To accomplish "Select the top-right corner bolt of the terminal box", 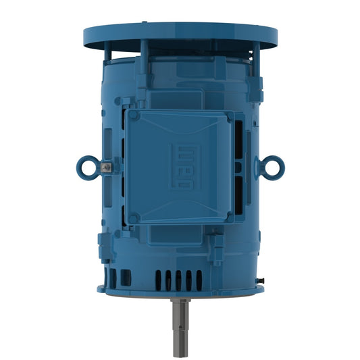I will pos(228,117).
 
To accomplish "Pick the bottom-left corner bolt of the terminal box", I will pos(134,217).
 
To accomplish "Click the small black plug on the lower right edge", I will pos(259,278).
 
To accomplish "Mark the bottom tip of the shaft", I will pos(180,346).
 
